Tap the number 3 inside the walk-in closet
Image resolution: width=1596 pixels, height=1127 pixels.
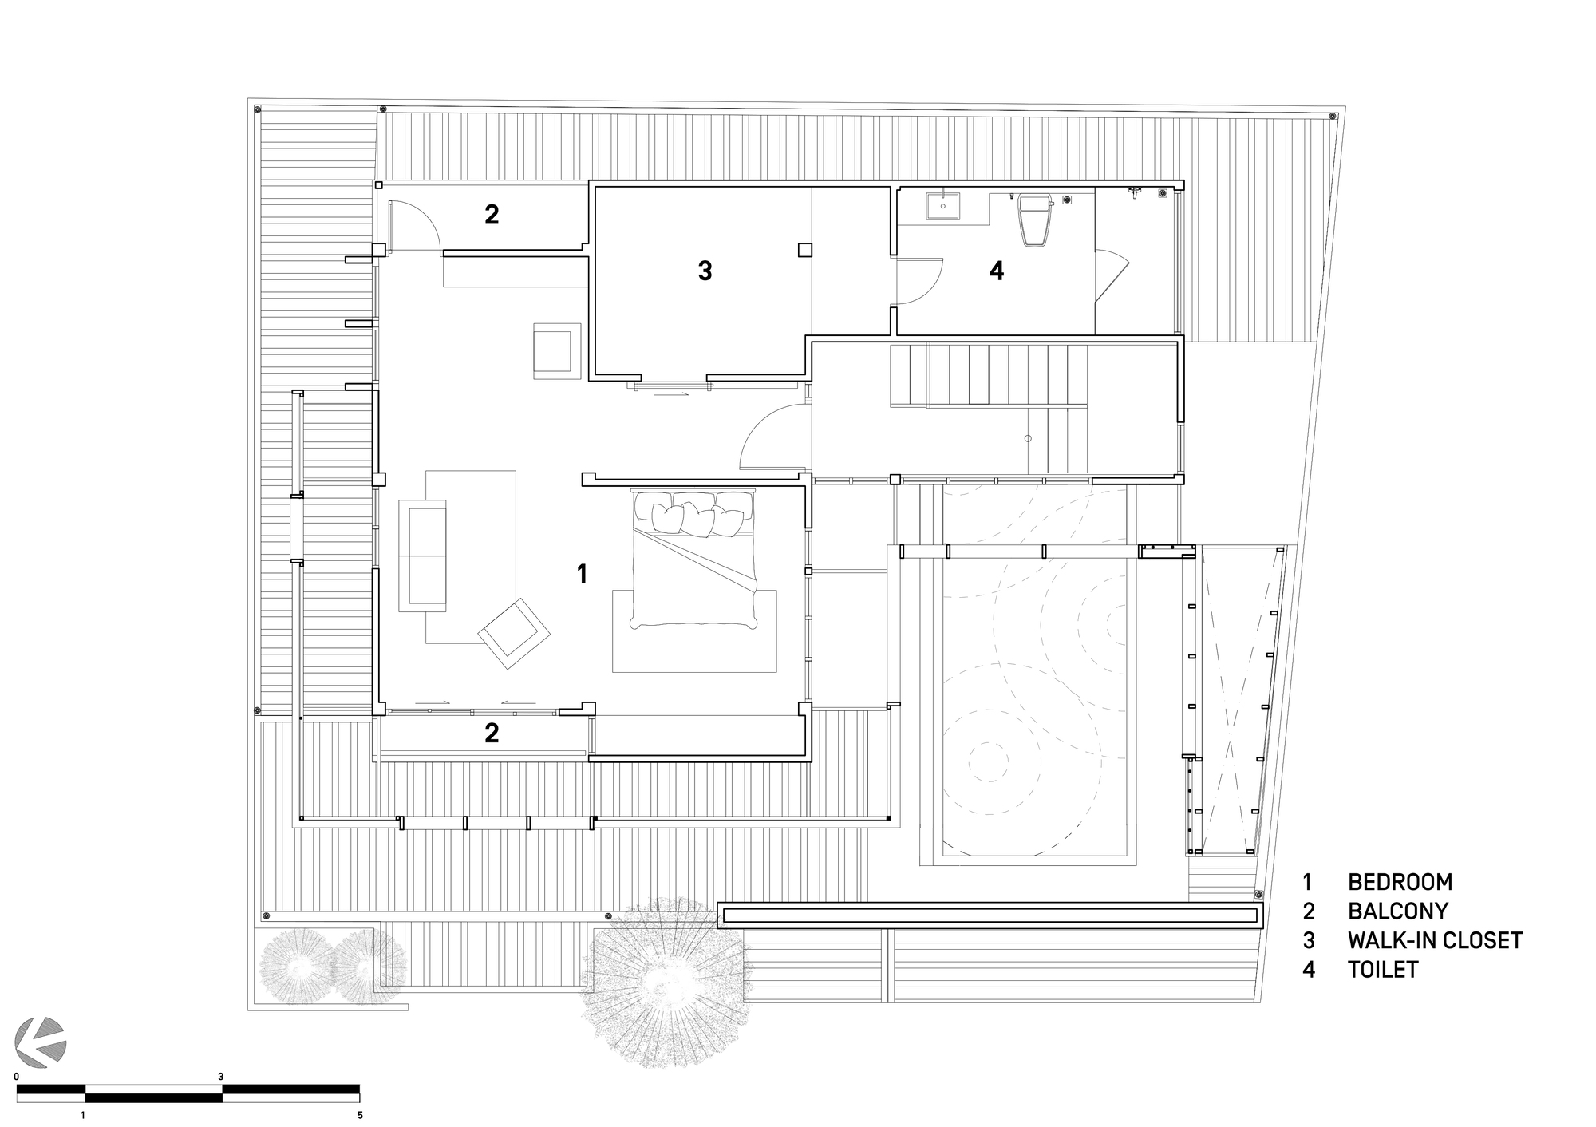point(705,271)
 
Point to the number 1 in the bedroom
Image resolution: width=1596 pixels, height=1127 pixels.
point(582,573)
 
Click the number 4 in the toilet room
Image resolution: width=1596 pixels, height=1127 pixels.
point(996,271)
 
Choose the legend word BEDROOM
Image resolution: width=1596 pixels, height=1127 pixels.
point(1400,882)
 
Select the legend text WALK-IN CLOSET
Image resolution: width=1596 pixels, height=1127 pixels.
point(1435,940)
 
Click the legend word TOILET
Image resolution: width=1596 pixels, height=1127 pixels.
point(1383,970)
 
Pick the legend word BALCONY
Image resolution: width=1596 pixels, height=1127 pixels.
point(1397,911)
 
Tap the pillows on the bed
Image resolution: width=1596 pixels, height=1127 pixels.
point(693,515)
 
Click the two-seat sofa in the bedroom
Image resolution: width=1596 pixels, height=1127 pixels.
point(423,556)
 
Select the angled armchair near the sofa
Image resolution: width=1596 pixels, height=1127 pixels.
point(514,633)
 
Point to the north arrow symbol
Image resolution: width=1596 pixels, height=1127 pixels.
point(42,1042)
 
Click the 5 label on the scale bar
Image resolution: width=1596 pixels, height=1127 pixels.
point(360,1115)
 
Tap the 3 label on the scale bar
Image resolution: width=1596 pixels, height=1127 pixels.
point(221,1077)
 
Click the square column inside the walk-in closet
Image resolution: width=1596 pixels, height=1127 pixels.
point(805,250)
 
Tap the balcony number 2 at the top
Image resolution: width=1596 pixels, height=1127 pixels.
point(492,214)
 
